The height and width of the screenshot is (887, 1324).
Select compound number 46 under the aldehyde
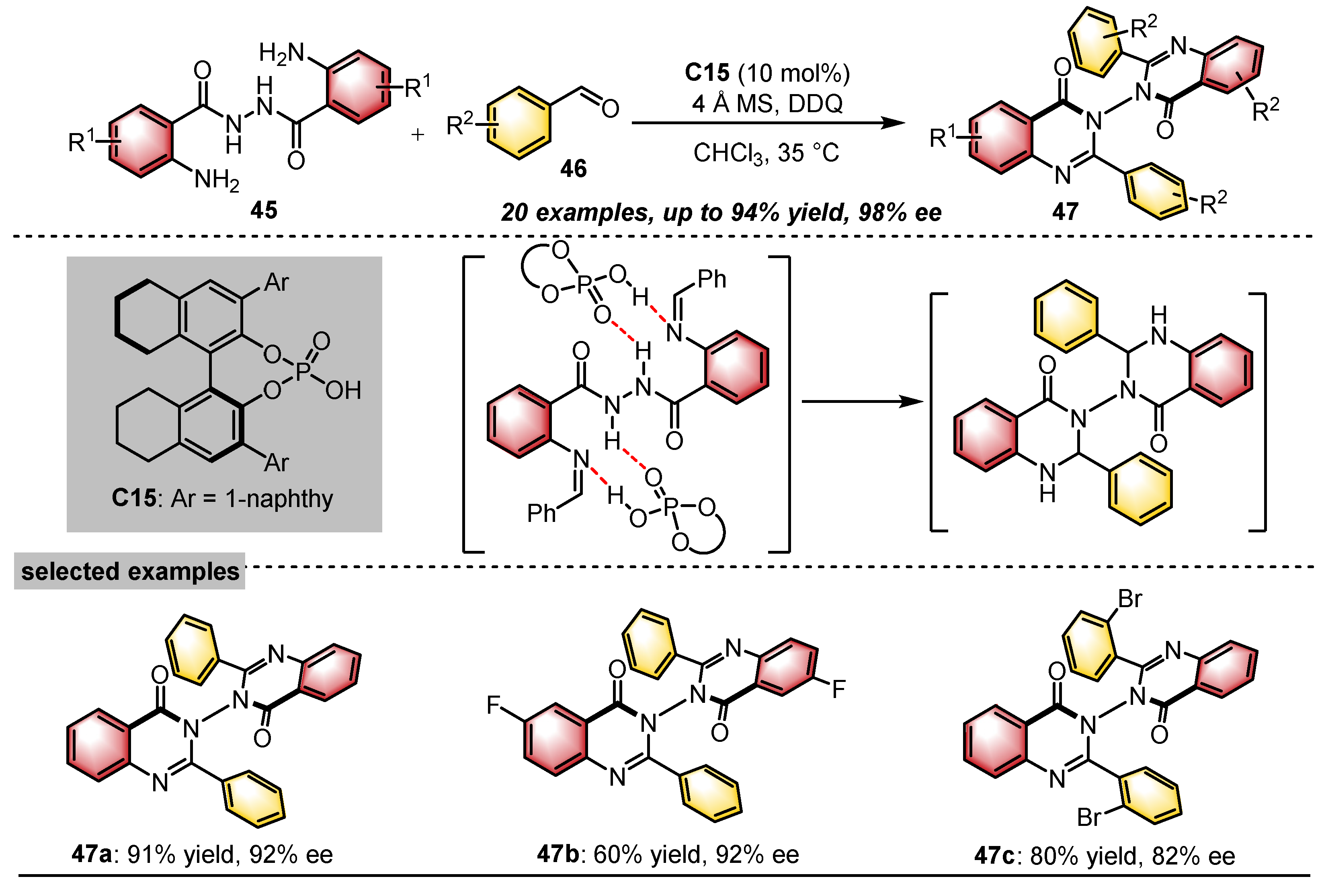pos(573,168)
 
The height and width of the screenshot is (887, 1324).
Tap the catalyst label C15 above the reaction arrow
pos(707,72)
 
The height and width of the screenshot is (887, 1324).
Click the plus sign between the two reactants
pos(418,135)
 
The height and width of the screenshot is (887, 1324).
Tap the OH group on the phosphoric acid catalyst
pos(342,390)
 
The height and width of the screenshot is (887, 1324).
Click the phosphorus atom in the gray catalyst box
pos(303,371)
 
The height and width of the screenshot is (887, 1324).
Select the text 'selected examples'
pos(130,571)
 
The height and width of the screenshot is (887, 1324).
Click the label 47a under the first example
pos(92,854)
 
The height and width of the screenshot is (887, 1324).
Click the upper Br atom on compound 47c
pos(1129,598)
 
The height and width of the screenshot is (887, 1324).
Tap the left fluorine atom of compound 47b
pos(494,705)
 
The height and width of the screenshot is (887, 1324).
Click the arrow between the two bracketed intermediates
pos(862,402)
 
